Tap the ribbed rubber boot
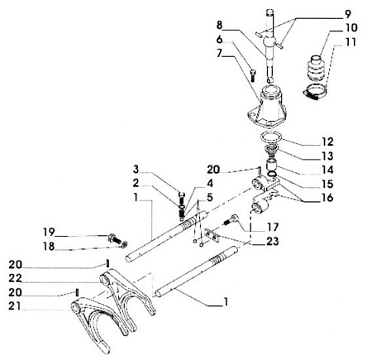pyautogui.click(x=317, y=69)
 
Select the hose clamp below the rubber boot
pyautogui.click(x=315, y=93)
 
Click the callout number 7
pyautogui.click(x=219, y=53)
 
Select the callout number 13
pyautogui.click(x=327, y=156)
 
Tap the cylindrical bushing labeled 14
pyautogui.click(x=272, y=166)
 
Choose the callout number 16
pyautogui.click(x=326, y=197)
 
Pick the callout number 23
pyautogui.click(x=273, y=242)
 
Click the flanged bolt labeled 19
pyautogui.click(x=113, y=238)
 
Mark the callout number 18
pyautogui.click(x=49, y=246)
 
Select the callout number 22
pyautogui.click(x=15, y=278)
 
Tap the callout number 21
pyautogui.click(x=15, y=306)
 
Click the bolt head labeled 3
pyautogui.click(x=182, y=197)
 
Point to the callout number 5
pyautogui.click(x=210, y=197)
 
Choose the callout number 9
pyautogui.click(x=347, y=13)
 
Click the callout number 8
pyautogui.click(x=219, y=25)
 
